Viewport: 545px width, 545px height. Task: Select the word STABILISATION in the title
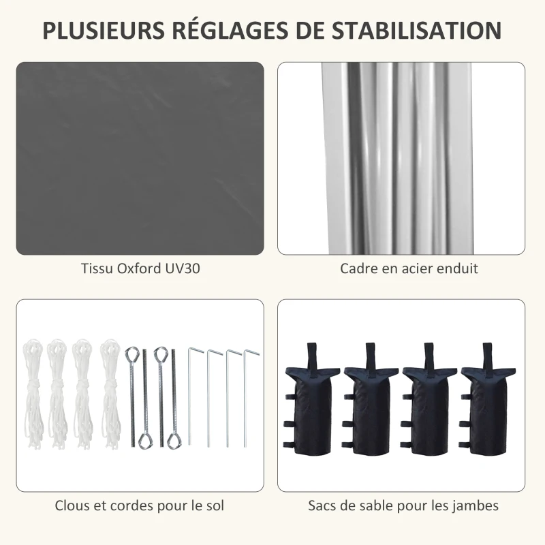tap(417, 31)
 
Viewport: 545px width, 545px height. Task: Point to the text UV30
tap(182, 268)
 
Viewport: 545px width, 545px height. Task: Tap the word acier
tap(416, 268)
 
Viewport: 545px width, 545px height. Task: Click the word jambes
tap(477, 505)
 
